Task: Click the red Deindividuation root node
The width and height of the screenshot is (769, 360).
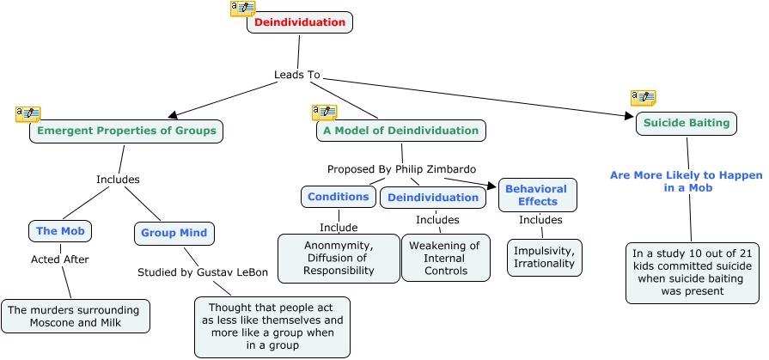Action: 300,22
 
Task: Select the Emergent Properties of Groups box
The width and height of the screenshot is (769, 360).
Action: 127,131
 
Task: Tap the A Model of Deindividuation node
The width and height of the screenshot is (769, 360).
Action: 400,131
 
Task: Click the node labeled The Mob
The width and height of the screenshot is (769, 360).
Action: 59,231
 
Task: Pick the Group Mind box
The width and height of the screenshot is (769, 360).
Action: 174,233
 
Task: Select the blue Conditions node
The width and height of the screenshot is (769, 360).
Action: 339,197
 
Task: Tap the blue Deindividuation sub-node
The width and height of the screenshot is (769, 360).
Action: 433,198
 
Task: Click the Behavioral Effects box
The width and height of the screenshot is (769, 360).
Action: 537,195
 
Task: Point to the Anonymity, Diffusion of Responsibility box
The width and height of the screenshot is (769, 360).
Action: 339,258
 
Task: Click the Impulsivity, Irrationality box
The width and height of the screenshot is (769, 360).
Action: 545,257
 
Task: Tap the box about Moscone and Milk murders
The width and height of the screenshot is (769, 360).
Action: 76,315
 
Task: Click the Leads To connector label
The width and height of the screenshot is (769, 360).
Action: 296,75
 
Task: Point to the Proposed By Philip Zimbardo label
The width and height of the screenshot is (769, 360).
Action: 401,168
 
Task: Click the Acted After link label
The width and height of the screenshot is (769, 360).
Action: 60,259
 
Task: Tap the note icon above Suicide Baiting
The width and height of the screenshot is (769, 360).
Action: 643,97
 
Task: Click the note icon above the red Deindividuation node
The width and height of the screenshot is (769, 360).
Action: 242,9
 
